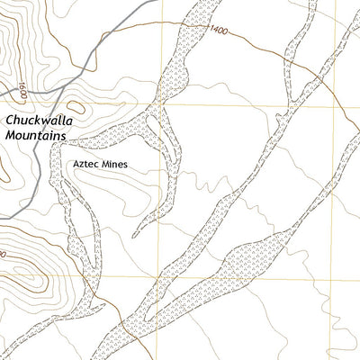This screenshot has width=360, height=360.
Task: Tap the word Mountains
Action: (36, 134)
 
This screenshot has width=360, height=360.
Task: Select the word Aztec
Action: (88, 166)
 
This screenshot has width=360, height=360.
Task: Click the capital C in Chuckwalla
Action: (10, 118)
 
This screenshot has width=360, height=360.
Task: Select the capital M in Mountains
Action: (10, 134)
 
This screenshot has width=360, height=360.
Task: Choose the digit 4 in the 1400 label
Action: (211, 31)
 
